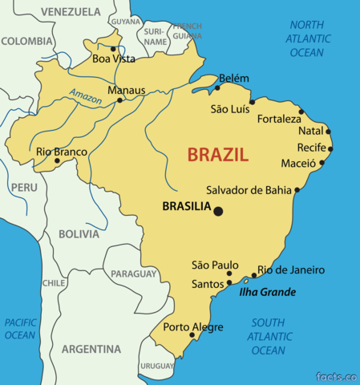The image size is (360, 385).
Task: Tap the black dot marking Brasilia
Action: (218, 211)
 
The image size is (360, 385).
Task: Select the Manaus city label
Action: (126, 91)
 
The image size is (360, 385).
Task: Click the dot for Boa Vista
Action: (113, 49)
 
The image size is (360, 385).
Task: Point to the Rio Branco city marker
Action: (56, 160)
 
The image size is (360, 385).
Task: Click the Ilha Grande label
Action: (267, 292)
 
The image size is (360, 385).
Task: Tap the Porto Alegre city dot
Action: (192, 335)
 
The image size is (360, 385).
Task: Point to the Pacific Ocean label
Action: (20, 329)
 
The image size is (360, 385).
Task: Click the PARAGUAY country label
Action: (132, 274)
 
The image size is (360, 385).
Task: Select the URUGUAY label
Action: (156, 366)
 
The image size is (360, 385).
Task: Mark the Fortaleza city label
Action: (280, 119)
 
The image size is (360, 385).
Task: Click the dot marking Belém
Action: (217, 88)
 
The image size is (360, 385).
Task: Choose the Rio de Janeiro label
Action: (290, 270)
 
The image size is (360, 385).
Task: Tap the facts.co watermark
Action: (334, 376)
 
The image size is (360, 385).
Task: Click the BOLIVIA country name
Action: (79, 234)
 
